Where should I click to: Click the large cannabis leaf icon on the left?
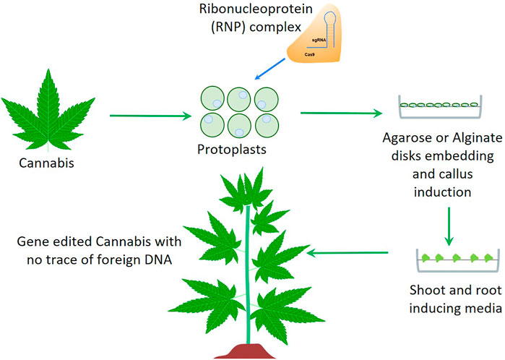(50, 108)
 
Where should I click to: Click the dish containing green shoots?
(449, 260)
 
